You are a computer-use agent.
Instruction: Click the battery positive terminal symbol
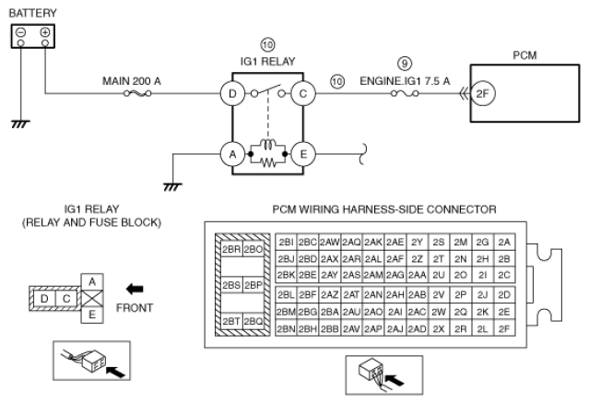[45, 32]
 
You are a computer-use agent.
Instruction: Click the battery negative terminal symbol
[21, 32]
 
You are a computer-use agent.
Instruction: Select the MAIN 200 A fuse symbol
[137, 93]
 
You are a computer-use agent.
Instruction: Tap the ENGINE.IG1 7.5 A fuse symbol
[405, 93]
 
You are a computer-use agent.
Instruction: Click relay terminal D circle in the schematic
[232, 93]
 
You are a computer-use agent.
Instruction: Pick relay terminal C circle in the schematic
[303, 93]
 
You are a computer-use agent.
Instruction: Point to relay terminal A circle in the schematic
[232, 154]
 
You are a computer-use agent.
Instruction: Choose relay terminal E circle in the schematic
[303, 154]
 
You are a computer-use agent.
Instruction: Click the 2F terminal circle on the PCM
[483, 93]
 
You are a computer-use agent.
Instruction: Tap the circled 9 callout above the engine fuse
[405, 63]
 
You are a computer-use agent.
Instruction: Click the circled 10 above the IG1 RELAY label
[267, 45]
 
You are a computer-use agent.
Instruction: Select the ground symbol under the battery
[20, 124]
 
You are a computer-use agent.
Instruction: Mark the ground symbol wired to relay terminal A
[172, 186]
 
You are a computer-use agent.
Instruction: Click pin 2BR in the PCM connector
[231, 249]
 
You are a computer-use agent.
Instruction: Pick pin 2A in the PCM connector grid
[504, 243]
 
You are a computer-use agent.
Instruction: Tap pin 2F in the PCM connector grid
[504, 329]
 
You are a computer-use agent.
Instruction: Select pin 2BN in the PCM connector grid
[287, 329]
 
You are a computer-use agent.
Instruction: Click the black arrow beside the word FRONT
[135, 290]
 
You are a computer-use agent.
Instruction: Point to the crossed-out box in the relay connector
[92, 299]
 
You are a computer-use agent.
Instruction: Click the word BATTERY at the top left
[32, 13]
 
